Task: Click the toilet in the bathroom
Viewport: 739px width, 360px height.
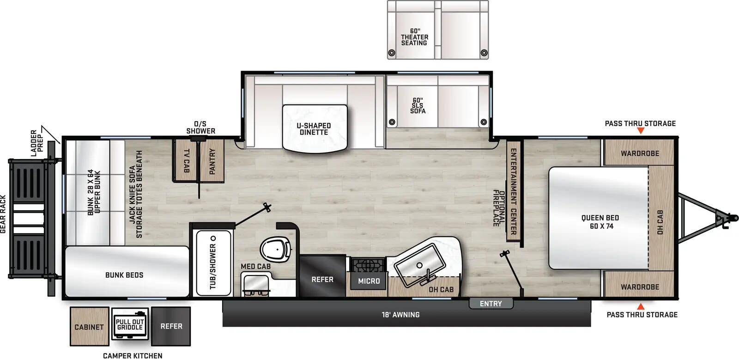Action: (276, 249)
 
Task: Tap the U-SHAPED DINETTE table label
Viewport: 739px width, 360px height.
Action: (314, 129)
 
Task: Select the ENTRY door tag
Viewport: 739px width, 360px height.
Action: (491, 304)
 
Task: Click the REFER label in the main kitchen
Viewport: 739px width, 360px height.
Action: (322, 280)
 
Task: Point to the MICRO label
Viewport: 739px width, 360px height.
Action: (369, 281)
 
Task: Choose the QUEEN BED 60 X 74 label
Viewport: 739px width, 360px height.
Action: (600, 222)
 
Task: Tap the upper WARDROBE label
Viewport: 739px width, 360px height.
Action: (640, 153)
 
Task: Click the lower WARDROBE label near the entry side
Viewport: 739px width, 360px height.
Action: (640, 287)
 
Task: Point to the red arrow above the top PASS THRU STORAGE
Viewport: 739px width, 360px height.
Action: (641, 131)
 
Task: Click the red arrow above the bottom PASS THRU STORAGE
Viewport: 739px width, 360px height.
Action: (641, 306)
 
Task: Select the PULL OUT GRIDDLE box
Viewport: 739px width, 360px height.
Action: (130, 324)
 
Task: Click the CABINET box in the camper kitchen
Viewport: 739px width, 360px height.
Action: (89, 327)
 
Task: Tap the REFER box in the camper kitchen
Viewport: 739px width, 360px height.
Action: (171, 326)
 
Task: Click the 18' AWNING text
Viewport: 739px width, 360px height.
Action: (400, 315)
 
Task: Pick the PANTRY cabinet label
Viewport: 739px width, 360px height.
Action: (212, 161)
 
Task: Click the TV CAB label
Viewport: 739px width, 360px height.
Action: (186, 161)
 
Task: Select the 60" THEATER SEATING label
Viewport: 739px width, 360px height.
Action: (414, 37)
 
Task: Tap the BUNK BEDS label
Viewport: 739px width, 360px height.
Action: (124, 275)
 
